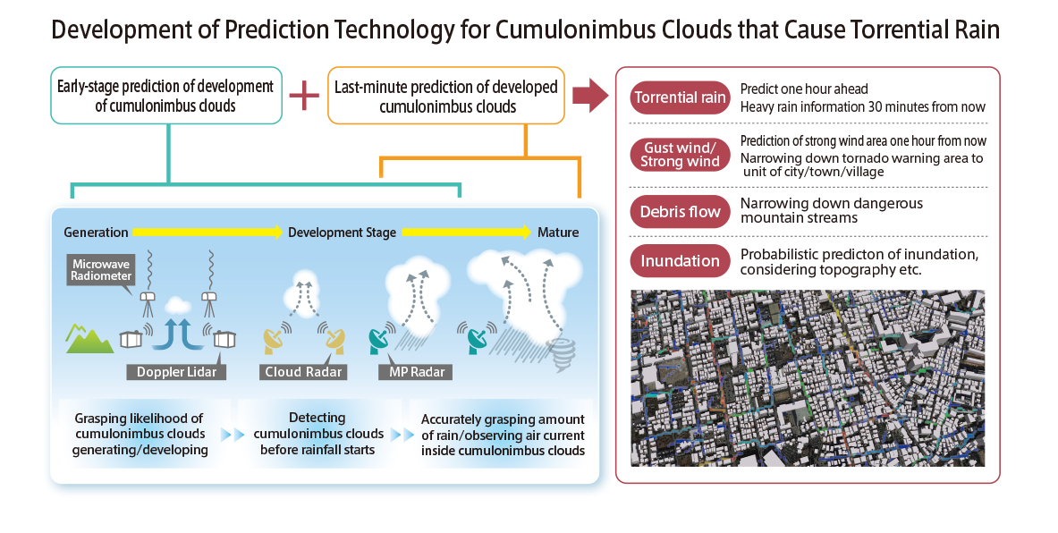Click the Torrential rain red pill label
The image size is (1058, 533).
pos(680,97)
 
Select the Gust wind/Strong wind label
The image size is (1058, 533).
pos(680,154)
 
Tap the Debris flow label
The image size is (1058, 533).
pos(680,212)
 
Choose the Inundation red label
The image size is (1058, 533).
pos(680,261)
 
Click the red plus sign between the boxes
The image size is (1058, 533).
pos(304,95)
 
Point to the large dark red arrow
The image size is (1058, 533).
pos(589,95)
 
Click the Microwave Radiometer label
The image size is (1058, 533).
pos(102,270)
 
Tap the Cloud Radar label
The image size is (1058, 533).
pos(303,371)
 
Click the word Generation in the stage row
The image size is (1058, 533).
pos(96,233)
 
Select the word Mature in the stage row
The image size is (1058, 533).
pos(557,233)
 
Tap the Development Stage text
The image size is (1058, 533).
pos(342,233)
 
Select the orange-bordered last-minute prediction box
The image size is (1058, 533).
pos(446,96)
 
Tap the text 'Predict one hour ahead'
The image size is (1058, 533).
pos(804,89)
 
